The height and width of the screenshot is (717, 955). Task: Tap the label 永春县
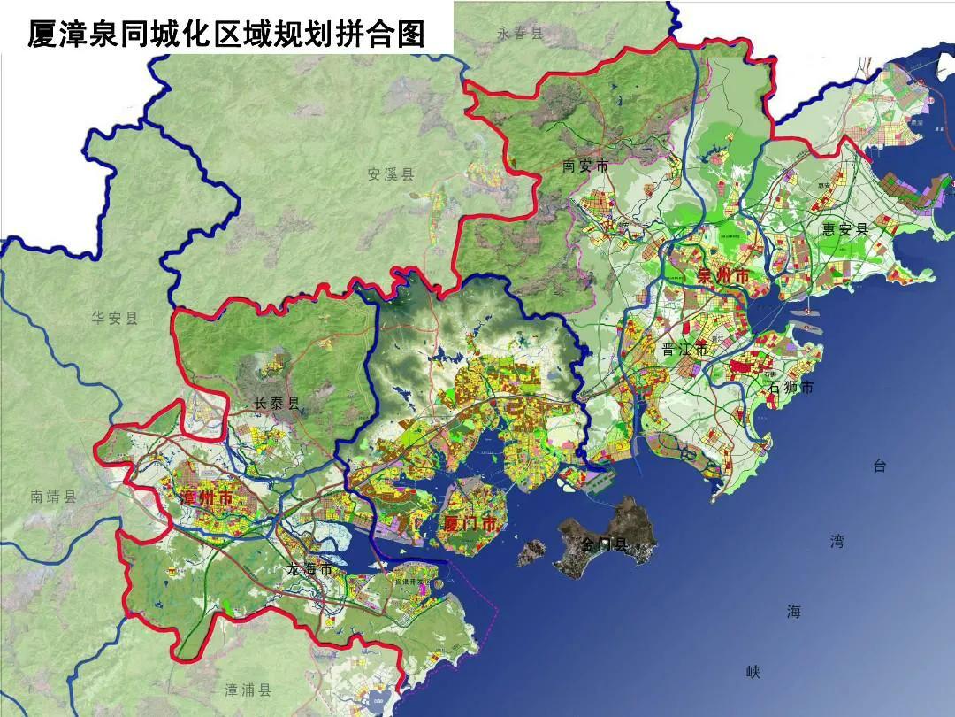[519, 35]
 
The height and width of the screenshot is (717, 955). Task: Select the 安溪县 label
[391, 174]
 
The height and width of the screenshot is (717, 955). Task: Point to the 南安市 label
[585, 166]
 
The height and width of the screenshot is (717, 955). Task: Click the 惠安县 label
[844, 229]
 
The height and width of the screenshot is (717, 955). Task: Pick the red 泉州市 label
[722, 276]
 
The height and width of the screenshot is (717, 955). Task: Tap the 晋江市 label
[685, 350]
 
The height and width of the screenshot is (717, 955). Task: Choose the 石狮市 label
[791, 387]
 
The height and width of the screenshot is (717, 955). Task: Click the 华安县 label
[115, 318]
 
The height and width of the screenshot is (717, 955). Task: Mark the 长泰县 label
[277, 404]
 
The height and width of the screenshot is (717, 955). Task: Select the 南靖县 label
[53, 497]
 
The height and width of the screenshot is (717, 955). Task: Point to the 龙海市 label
[309, 569]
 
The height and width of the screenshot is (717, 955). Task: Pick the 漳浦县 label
[248, 690]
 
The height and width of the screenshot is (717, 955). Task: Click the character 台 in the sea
[879, 466]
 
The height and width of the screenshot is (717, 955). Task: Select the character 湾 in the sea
[837, 541]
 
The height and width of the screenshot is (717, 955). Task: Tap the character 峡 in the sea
[753, 673]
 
